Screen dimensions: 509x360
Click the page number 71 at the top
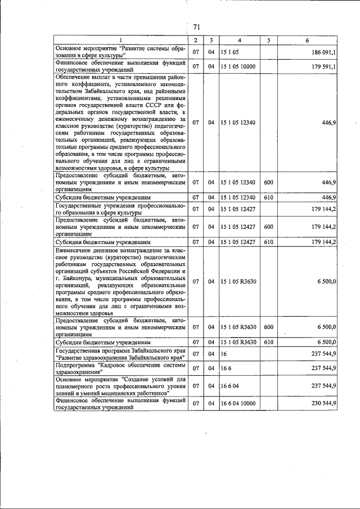pyautogui.click(x=197, y=26)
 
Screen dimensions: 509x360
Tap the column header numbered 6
pyautogui.click(x=307, y=41)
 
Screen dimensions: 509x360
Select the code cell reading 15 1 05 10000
pyautogui.click(x=238, y=66)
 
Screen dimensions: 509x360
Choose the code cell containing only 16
pyautogui.click(x=224, y=354)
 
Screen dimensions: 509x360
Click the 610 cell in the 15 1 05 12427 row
pyautogui.click(x=268, y=242)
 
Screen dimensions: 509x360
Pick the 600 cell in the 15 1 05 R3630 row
pyautogui.click(x=268, y=327)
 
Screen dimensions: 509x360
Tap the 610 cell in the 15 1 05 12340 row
pyautogui.click(x=268, y=197)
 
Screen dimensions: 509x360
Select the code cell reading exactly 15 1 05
pyautogui.click(x=229, y=52)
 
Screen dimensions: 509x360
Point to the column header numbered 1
pyautogui.click(x=120, y=41)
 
